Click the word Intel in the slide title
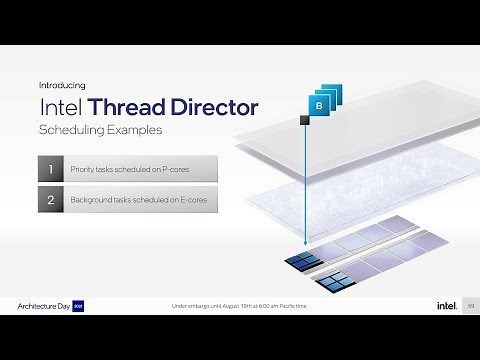coord(62,107)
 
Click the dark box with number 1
coord(51,168)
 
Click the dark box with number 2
coord(51,200)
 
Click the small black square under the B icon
coord(305,121)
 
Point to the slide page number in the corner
coord(470,305)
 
